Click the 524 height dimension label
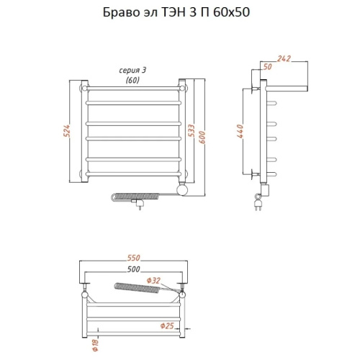tap(67, 131)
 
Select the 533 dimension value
tap(191, 131)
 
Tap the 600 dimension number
tap(202, 138)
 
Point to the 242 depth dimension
tap(284, 58)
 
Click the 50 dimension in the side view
tap(267, 66)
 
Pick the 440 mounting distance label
tap(240, 131)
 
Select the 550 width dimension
tap(133, 258)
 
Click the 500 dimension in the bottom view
tap(133, 269)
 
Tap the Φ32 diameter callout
tap(153, 280)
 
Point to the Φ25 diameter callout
tap(167, 325)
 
